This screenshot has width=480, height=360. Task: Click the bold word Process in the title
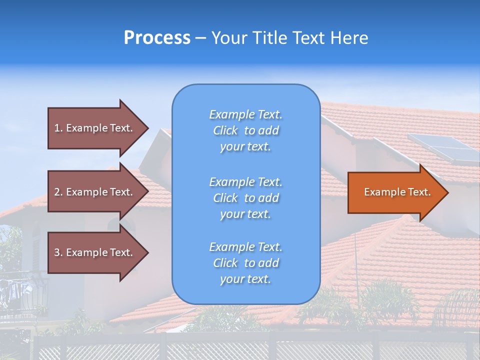157,38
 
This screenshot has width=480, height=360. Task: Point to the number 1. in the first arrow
58,128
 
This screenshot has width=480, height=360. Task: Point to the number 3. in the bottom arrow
58,252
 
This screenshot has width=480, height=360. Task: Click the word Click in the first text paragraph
225,131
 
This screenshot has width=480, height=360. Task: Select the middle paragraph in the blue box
245,198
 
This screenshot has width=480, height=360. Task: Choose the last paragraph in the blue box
245,263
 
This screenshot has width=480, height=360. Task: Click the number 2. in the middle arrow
58,192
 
